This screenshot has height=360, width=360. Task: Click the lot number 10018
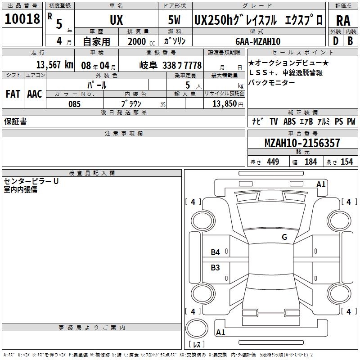(x=22, y=18)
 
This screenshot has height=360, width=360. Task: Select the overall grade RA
(x=343, y=21)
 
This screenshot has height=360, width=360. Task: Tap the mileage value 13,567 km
(x=54, y=65)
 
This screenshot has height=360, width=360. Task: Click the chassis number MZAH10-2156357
(x=302, y=143)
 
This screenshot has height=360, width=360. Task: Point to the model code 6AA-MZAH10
(x=258, y=41)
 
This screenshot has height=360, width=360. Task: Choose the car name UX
(x=117, y=20)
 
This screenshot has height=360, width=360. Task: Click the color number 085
(x=74, y=104)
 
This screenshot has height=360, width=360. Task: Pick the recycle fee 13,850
(x=224, y=104)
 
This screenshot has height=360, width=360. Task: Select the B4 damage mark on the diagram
(x=215, y=252)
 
